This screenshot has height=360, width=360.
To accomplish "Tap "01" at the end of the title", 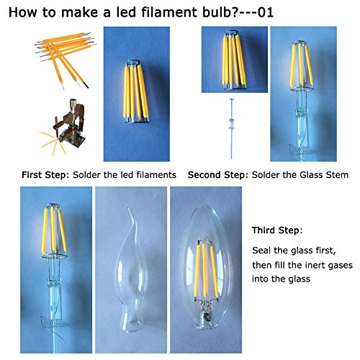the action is click(x=266, y=12).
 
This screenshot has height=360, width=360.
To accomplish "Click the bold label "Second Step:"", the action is click(x=218, y=175).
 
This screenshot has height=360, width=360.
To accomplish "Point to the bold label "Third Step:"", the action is click(x=277, y=230).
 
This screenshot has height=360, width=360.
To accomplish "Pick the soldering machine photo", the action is click(x=63, y=127).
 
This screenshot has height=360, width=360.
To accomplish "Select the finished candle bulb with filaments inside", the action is click(x=206, y=267).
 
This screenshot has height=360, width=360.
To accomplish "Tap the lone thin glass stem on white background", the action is click(x=231, y=128).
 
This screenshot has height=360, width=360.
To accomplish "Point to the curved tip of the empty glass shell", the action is click(x=129, y=208).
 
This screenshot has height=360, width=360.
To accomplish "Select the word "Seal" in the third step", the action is click(x=261, y=251).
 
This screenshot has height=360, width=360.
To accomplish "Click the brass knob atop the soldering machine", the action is click(x=73, y=103).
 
